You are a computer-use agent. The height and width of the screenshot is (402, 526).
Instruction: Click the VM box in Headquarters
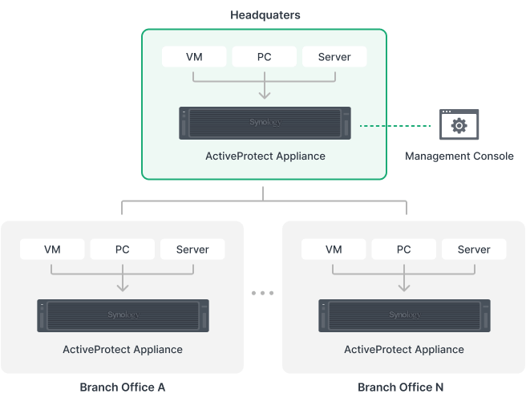pyautogui.click(x=194, y=57)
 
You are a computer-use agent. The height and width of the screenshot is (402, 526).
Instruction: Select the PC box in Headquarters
pyautogui.click(x=264, y=57)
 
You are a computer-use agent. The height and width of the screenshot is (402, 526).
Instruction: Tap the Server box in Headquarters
pyautogui.click(x=334, y=57)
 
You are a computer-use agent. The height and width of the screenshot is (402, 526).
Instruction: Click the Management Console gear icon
pyautogui.click(x=459, y=125)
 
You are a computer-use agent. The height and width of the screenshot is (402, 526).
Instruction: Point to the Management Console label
pyautogui.click(x=459, y=156)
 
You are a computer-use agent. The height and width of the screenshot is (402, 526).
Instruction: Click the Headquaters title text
pyautogui.click(x=264, y=15)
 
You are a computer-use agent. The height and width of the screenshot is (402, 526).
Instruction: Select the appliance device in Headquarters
pyautogui.click(x=265, y=124)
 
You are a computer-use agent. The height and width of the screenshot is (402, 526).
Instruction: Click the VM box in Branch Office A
pyautogui.click(x=52, y=250)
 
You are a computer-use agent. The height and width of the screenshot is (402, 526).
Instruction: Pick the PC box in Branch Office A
pyautogui.click(x=122, y=250)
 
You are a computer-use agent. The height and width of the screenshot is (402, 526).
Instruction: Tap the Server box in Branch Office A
pyautogui.click(x=192, y=250)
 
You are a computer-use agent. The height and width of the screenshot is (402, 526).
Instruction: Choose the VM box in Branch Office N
pyautogui.click(x=334, y=250)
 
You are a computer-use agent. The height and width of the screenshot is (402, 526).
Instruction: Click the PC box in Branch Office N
pyautogui.click(x=404, y=250)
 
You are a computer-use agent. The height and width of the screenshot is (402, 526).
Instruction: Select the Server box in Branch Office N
pyautogui.click(x=474, y=250)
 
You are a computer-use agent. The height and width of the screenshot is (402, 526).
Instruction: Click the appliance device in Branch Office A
pyautogui.click(x=123, y=315)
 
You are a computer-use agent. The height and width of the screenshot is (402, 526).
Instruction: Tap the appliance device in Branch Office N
pyautogui.click(x=404, y=315)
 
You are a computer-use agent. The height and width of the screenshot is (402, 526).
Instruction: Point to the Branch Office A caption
pyautogui.click(x=123, y=388)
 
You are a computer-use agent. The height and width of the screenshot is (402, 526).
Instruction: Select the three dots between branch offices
pyautogui.click(x=263, y=294)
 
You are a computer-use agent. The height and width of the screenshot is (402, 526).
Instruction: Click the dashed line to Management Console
pyautogui.click(x=412, y=126)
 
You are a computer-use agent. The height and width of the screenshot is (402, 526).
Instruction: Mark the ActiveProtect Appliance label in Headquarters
pyautogui.click(x=265, y=156)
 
